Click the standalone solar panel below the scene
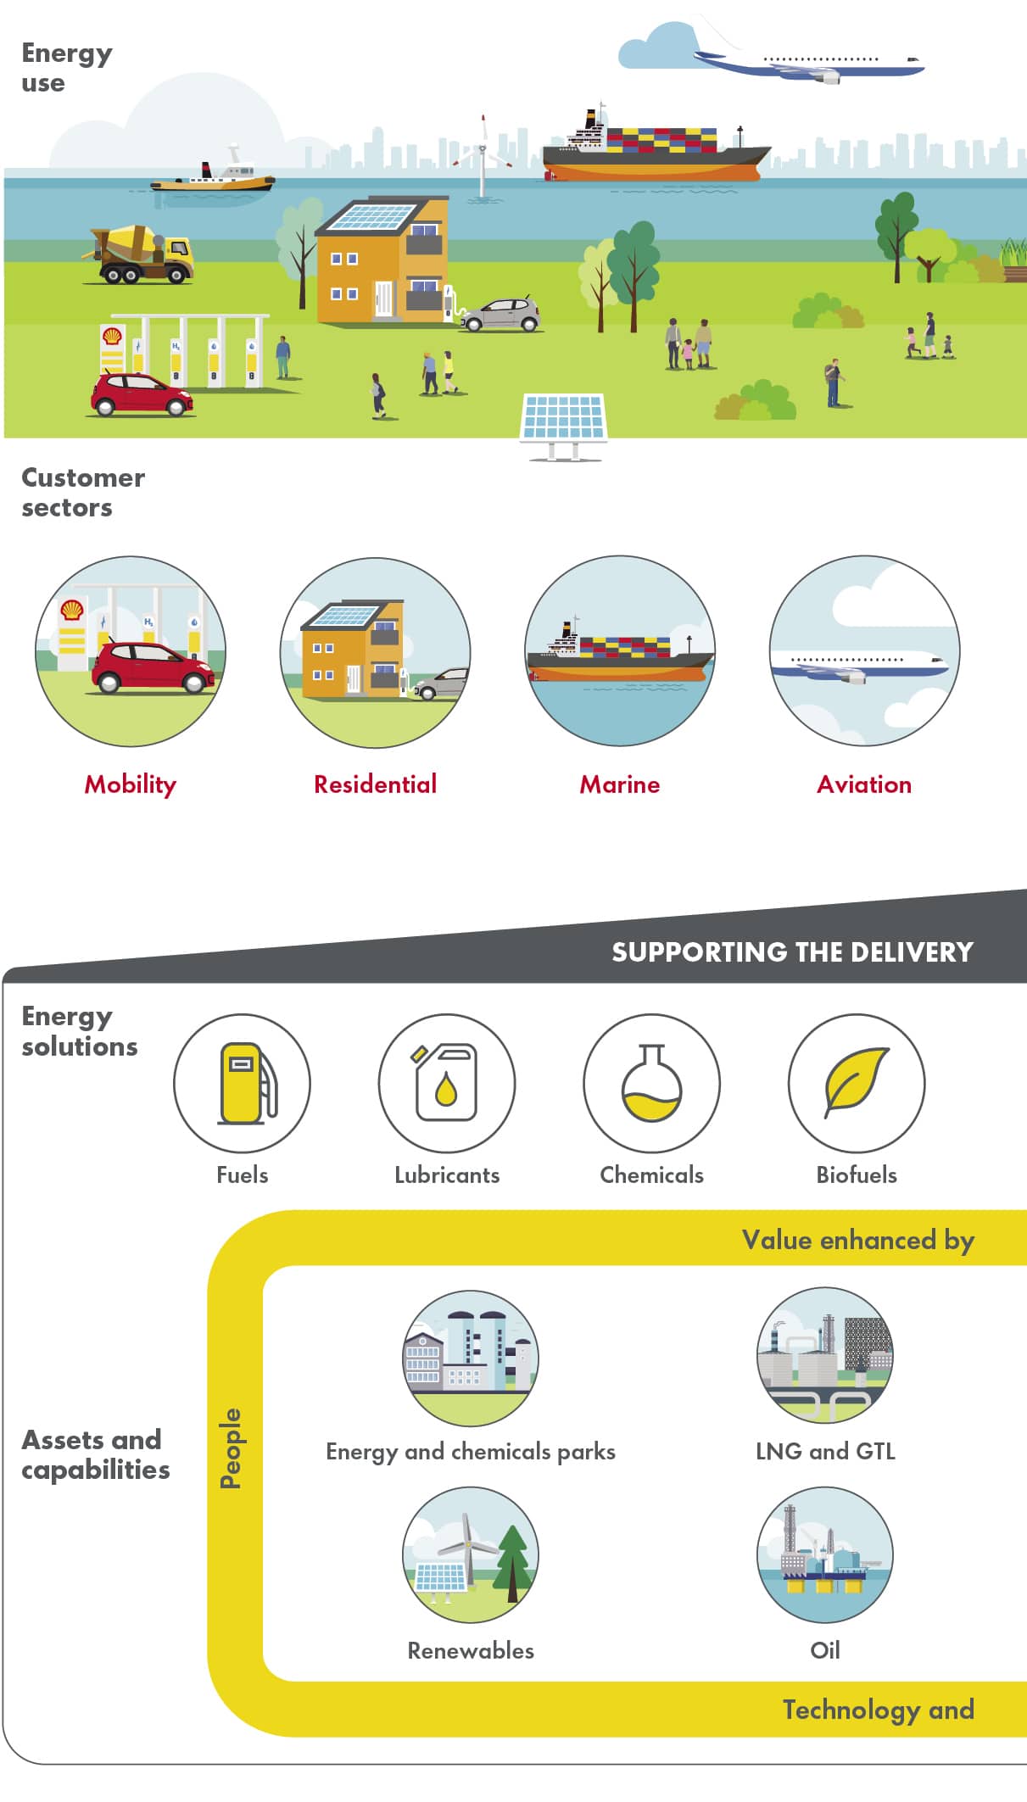point(563,421)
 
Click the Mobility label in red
point(131,784)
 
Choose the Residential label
point(376,784)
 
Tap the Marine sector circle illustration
point(620,651)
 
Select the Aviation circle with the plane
point(864,651)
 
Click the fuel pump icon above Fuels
point(243,1083)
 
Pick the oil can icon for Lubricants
point(447,1083)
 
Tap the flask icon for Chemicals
point(651,1083)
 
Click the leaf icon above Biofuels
point(857,1083)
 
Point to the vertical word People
point(231,1448)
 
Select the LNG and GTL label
point(825,1451)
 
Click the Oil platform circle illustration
point(825,1554)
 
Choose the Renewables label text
point(471,1650)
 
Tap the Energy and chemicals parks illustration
point(471,1358)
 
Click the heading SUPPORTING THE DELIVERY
point(792,952)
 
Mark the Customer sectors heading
point(83,492)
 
